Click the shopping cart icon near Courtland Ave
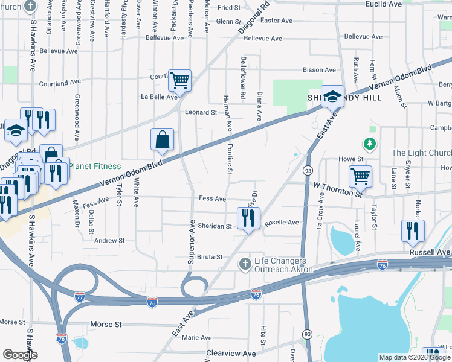click(x=179, y=80)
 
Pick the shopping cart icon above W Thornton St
click(x=360, y=176)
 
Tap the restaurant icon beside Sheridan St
click(x=248, y=218)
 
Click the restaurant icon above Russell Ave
click(x=413, y=230)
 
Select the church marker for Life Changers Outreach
click(x=245, y=264)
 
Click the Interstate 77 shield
click(x=80, y=296)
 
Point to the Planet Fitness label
click(x=94, y=166)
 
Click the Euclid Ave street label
click(x=384, y=4)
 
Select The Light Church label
click(x=421, y=153)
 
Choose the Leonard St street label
click(x=201, y=112)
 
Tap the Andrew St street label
click(x=109, y=240)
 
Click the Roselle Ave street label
click(x=282, y=223)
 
